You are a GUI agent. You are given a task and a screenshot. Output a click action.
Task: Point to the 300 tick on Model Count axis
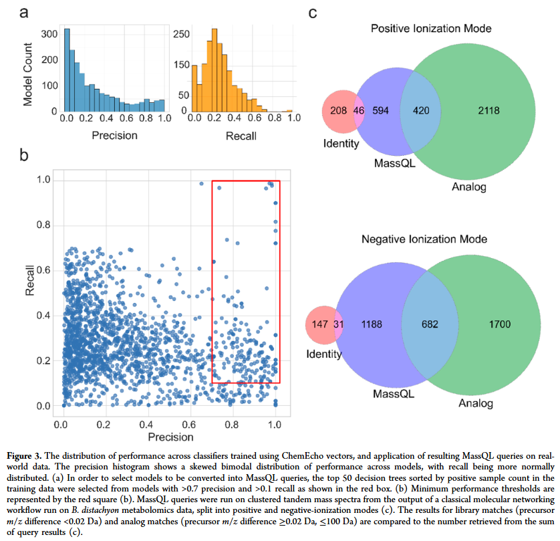(48, 32)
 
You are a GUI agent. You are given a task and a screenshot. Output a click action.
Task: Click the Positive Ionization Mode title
(431, 29)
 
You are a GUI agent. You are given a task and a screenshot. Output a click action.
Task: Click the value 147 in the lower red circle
(321, 324)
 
